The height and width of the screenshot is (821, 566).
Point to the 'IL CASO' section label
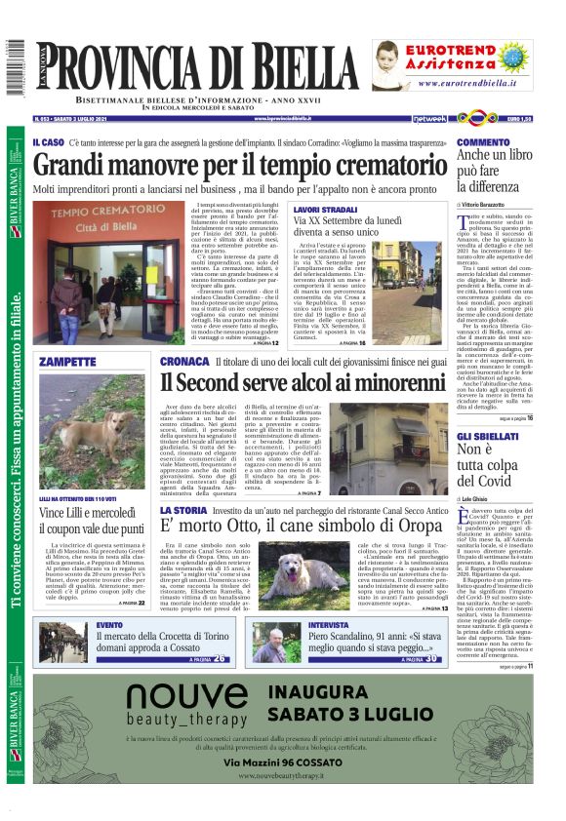(49, 143)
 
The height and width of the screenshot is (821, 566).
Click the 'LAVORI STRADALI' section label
(325, 210)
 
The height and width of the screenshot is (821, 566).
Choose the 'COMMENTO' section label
(482, 142)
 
